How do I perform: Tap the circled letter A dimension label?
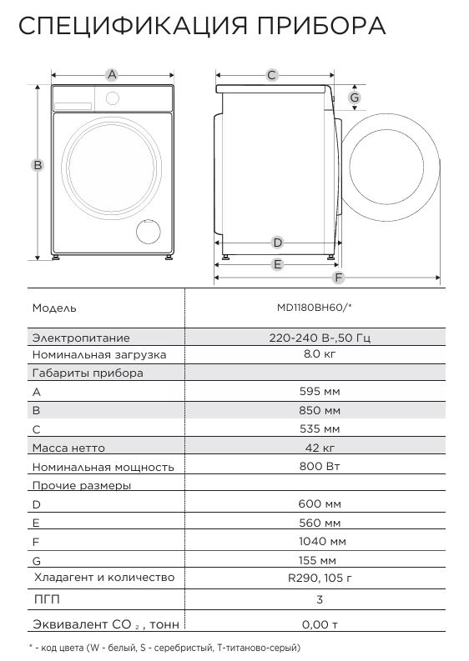point(111,75)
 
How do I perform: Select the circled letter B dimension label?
point(38,165)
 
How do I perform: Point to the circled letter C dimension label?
point(272,75)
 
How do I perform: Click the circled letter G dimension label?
point(355,98)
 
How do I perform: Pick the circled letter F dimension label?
point(338,278)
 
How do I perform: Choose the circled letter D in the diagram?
point(278,243)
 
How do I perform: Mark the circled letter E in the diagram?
point(278,264)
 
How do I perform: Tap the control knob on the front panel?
point(110,98)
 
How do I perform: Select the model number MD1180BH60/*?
point(315,308)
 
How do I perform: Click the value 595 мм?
point(320,391)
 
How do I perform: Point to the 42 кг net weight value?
point(320,448)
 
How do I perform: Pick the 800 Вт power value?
point(320,468)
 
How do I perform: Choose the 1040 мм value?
point(320,542)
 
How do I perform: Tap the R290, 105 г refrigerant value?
point(320,578)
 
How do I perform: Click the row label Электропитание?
point(81,338)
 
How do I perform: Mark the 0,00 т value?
point(320,624)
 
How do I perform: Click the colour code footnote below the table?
point(164,648)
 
